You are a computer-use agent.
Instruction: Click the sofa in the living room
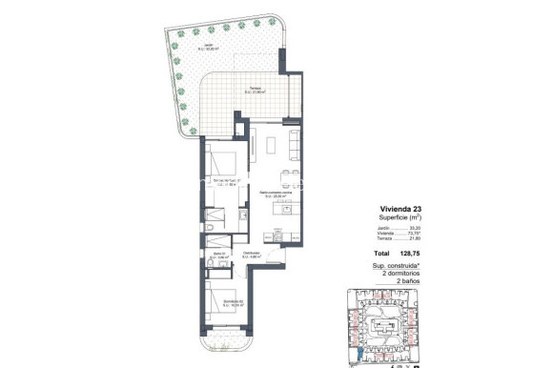[293, 143]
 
